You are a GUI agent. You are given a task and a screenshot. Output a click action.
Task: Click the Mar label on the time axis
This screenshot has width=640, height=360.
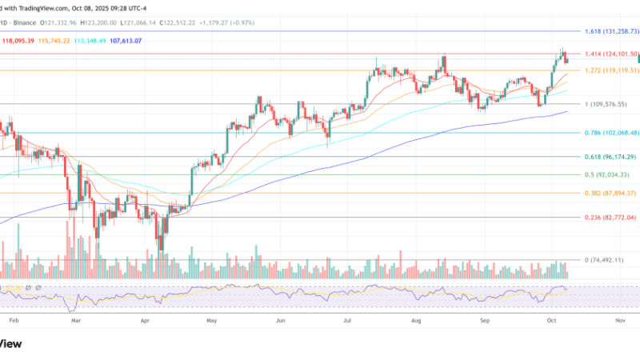pos(75,319)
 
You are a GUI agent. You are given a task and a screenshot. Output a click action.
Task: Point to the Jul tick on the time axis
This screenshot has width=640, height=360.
pos(348,319)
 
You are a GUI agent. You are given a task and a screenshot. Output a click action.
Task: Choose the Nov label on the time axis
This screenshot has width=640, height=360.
pos(620,319)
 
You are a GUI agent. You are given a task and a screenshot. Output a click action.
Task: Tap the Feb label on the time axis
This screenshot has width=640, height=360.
pos(14,319)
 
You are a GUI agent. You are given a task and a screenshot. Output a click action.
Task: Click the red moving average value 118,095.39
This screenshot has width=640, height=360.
pos(18,40)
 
